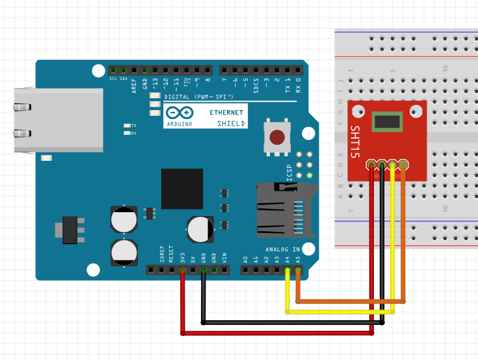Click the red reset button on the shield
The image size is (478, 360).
point(278,137)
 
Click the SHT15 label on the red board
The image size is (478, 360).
point(355,143)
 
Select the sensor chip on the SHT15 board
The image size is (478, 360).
point(388,121)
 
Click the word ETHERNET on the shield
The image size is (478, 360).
point(227,113)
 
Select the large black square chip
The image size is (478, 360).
point(183,187)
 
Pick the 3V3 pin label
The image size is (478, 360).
point(182,256)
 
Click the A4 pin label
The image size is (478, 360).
point(287,258)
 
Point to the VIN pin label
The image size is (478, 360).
point(224,256)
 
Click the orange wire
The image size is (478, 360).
point(351,301)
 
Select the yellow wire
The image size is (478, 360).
point(338,312)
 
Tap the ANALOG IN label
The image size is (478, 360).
point(282,249)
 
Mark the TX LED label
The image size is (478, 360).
point(134,126)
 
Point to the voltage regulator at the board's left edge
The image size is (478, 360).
point(68,228)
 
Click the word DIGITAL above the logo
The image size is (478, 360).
point(176,96)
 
